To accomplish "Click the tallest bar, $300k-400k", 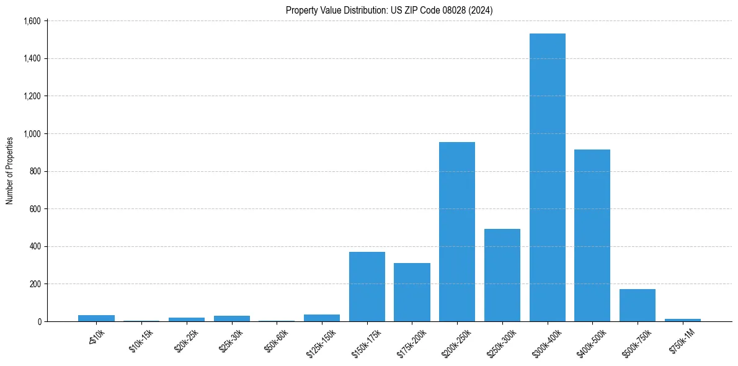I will pyautogui.click(x=547, y=177).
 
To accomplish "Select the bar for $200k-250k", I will pyautogui.click(x=457, y=232).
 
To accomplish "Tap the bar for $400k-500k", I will pyautogui.click(x=592, y=236).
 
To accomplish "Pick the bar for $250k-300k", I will pyautogui.click(x=502, y=275).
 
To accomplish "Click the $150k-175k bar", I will pyautogui.click(x=367, y=287).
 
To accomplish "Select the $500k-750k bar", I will pyautogui.click(x=638, y=305).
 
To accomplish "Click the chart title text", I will pyautogui.click(x=389, y=11).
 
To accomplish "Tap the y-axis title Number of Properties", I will pyautogui.click(x=10, y=171).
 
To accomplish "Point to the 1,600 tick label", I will pyautogui.click(x=32, y=21).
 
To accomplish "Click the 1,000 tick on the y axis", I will pyautogui.click(x=32, y=134).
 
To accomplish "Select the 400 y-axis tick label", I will pyautogui.click(x=35, y=246).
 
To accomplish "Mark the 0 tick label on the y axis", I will pyautogui.click(x=38, y=322).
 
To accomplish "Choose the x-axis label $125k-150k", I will pyautogui.click(x=321, y=341).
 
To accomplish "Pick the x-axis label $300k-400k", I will pyautogui.click(x=546, y=341).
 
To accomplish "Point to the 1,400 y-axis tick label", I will pyautogui.click(x=32, y=59).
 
